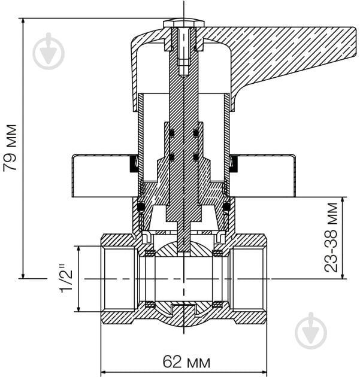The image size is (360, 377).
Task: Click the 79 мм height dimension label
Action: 11,148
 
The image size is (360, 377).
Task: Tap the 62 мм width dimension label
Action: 186,362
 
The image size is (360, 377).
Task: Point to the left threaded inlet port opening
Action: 120,279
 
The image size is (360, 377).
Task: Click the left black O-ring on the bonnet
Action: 141,207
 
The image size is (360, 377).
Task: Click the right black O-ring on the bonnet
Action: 226,207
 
